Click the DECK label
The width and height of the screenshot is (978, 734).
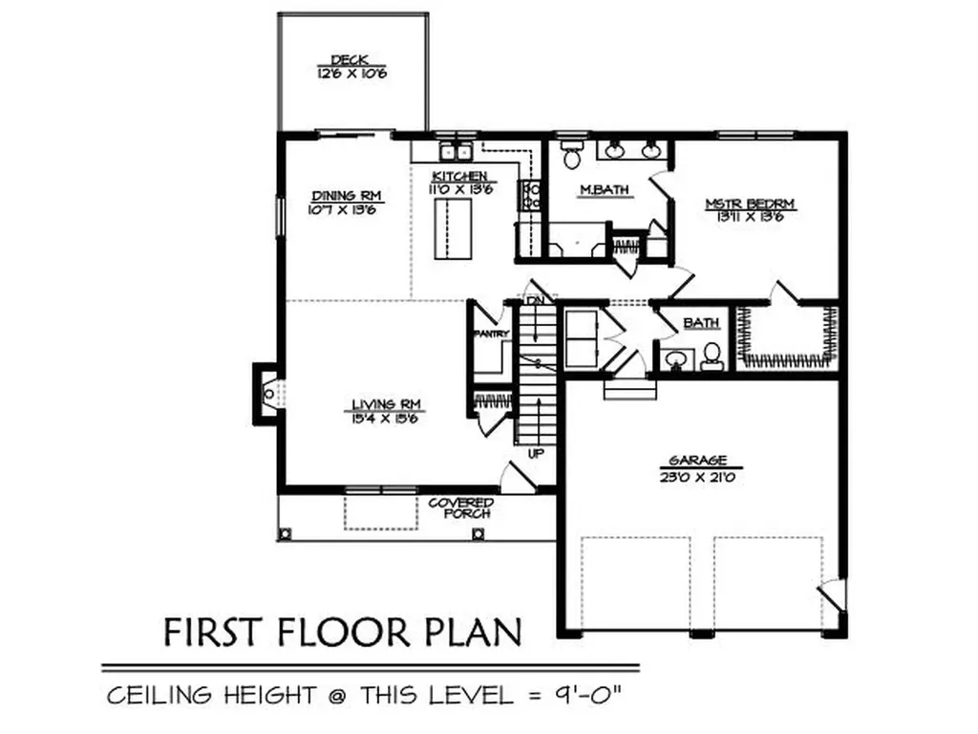coord(352,58)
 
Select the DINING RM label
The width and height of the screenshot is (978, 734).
coord(345,195)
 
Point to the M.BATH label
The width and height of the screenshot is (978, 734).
coord(605,189)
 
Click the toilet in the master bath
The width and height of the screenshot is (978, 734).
coord(572,156)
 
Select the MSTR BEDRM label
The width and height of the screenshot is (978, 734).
coord(750,203)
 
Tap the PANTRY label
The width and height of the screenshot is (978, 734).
coord(493,334)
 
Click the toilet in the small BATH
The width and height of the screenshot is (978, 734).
coord(712,356)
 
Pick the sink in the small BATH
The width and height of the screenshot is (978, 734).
coord(675,359)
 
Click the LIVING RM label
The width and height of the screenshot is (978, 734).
coord(386,404)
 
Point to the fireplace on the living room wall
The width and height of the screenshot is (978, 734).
coord(266,393)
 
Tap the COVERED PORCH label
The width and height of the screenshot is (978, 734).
coord(460,507)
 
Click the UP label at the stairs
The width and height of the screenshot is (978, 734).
coord(535,453)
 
